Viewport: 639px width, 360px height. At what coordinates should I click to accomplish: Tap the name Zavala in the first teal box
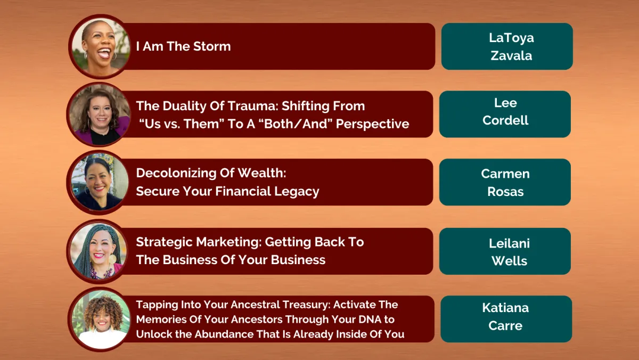click(511, 55)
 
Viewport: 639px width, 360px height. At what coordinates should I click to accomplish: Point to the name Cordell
click(505, 120)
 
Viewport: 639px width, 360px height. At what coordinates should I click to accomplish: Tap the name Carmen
click(505, 174)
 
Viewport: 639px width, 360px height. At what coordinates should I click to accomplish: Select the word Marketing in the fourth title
click(229, 242)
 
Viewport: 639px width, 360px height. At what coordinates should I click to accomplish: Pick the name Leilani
click(509, 243)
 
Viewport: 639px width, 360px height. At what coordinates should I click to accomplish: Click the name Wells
click(509, 261)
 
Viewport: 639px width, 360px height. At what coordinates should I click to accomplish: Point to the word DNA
click(370, 319)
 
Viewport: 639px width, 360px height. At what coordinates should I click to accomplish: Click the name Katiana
click(505, 308)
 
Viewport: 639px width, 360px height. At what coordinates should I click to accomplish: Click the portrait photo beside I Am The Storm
click(100, 47)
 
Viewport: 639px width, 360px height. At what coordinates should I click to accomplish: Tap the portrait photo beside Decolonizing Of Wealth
click(99, 183)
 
